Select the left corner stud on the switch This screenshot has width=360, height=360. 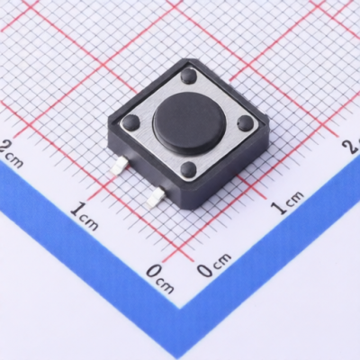[130, 121]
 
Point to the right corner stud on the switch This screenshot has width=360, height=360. [245, 121]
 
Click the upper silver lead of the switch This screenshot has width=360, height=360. [119, 166]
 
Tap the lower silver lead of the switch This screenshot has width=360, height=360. [156, 197]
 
